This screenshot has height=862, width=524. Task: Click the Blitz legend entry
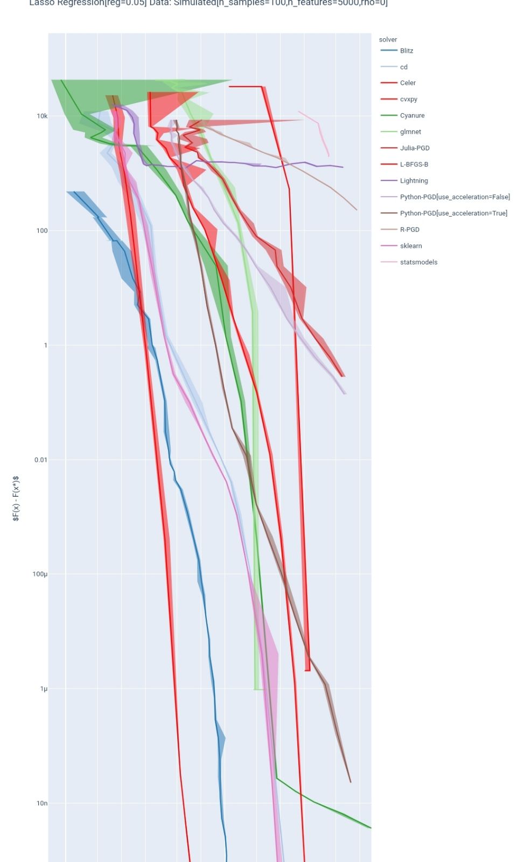(407, 51)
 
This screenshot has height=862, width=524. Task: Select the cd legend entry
(404, 67)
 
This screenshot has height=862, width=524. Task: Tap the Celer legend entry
(408, 83)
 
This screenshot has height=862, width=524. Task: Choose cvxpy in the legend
(409, 99)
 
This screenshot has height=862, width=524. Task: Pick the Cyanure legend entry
(412, 115)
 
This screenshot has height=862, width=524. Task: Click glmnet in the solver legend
(410, 131)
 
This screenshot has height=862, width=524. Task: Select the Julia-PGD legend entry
(415, 148)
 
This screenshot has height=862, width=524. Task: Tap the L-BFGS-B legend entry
(414, 164)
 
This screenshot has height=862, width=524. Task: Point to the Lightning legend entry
(414, 180)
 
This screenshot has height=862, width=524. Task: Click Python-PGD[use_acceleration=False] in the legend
(455, 197)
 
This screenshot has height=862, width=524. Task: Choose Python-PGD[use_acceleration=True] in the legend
(453, 213)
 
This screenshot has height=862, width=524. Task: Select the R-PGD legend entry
(409, 230)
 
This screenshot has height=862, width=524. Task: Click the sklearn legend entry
(411, 246)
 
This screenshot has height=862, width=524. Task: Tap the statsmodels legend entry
(418, 262)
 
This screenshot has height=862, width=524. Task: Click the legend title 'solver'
(388, 39)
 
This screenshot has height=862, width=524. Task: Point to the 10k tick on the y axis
(42, 116)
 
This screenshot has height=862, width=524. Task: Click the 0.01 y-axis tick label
(41, 460)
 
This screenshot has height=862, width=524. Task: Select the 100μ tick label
(40, 574)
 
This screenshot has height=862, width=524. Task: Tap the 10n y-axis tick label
(42, 803)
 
